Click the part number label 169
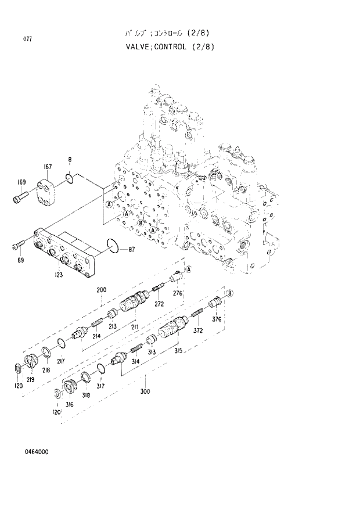point(21,183)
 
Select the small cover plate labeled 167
point(47,192)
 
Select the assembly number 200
point(101,290)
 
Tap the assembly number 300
point(145,391)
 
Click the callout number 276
point(178,293)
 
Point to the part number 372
point(198,330)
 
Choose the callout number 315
point(177,351)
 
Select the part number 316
point(69,404)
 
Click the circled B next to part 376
point(230,293)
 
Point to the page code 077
point(27,39)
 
